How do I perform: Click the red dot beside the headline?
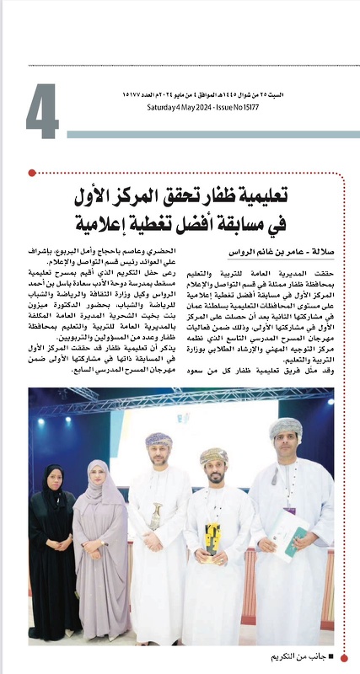tap(32, 173)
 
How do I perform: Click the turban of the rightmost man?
tap(287, 427)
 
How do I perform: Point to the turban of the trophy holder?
tap(214, 456)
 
